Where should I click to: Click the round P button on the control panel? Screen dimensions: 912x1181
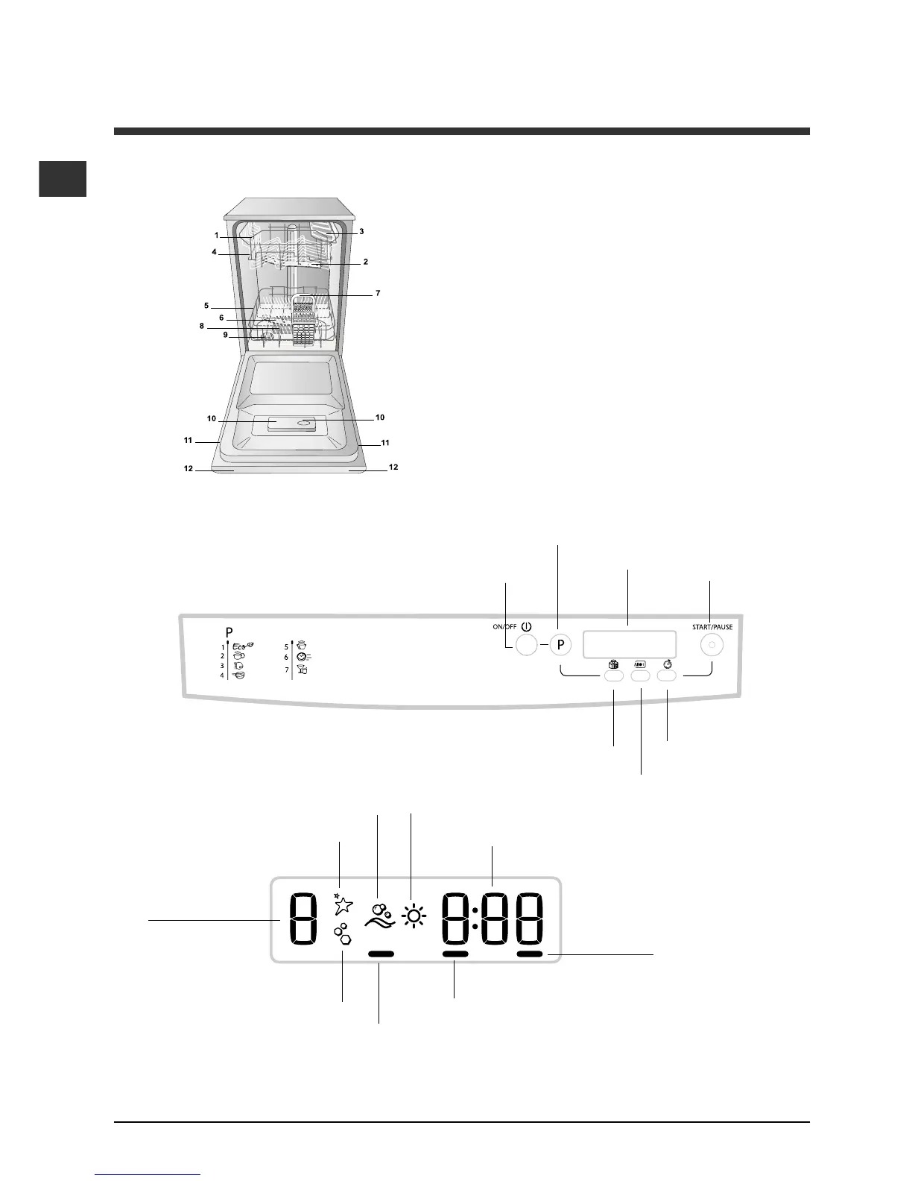click(x=560, y=645)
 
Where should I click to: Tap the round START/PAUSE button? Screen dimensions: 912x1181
click(x=712, y=645)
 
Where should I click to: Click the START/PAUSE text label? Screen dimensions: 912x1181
click(x=712, y=626)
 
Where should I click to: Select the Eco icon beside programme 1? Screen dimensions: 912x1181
click(x=243, y=646)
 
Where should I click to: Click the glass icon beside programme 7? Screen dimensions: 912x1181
click(x=303, y=670)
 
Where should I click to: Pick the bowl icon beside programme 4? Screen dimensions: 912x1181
click(x=238, y=675)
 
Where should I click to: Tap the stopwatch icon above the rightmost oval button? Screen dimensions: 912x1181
click(x=667, y=664)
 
